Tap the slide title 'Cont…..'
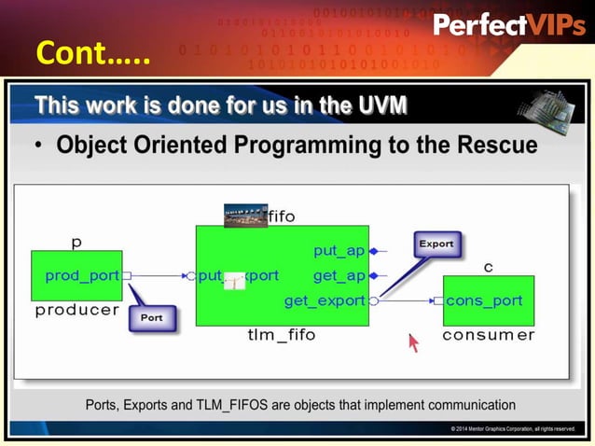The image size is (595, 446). pos(92,53)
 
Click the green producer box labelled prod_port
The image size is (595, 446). pos(76,275)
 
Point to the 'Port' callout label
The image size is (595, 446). pos(151,317)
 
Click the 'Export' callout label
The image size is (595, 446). pos(436,244)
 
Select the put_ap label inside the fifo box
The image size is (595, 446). pos(339,250)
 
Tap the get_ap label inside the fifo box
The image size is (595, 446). pos(339,275)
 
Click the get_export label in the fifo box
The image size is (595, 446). pos(325,300)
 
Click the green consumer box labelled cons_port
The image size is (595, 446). pos(488,300)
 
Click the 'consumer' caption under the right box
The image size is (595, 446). pos(488,335)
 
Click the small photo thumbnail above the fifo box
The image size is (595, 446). pos(245,216)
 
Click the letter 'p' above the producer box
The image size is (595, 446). pos(76,243)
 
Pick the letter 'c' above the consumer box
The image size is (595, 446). pos(487,268)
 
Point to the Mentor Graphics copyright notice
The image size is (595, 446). pos(512,428)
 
